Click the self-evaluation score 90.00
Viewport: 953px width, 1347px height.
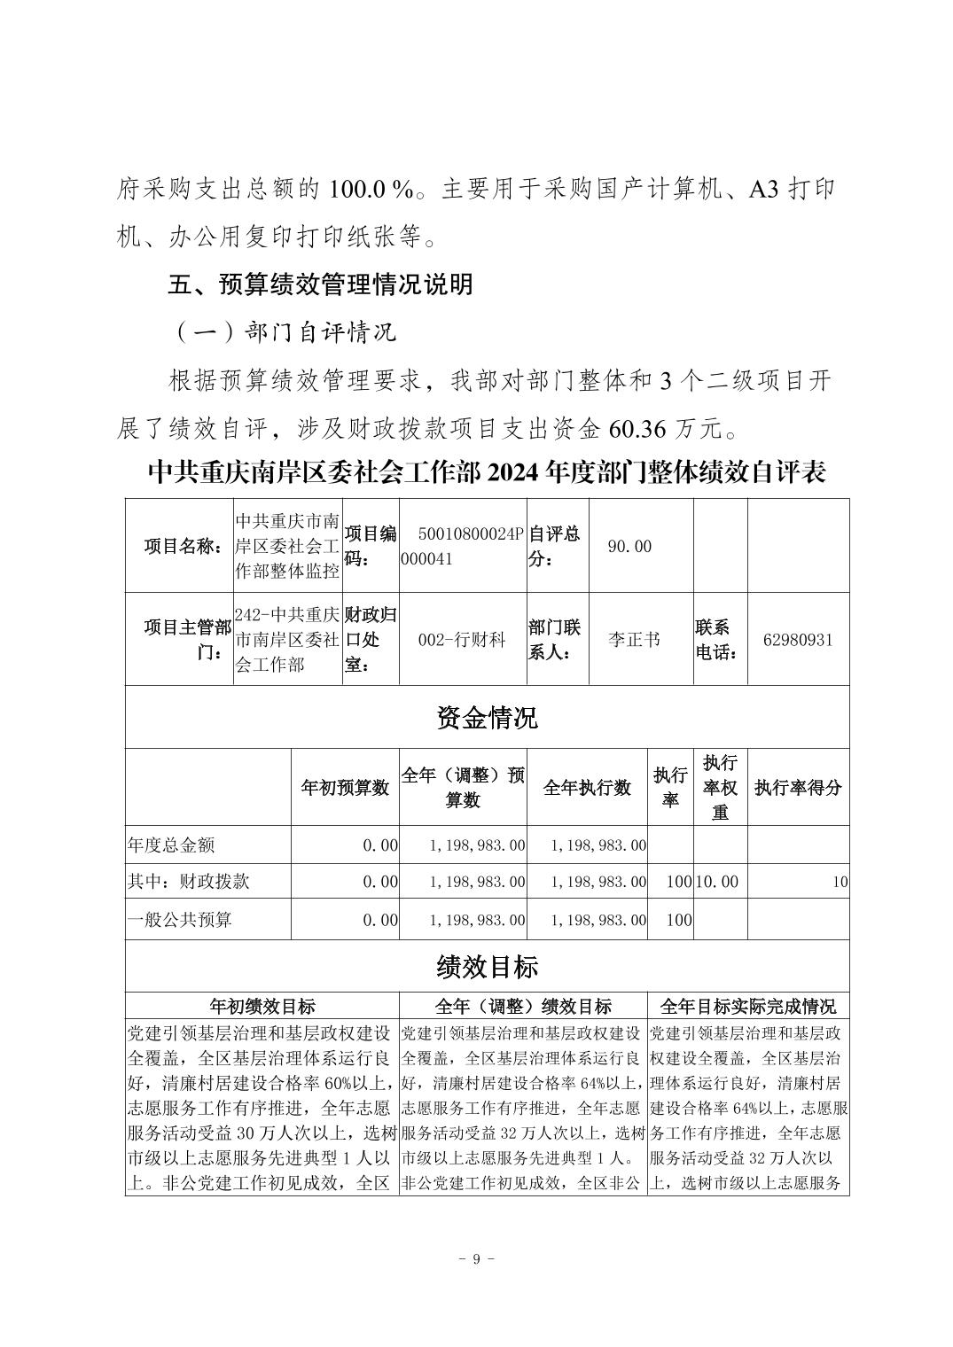tap(629, 547)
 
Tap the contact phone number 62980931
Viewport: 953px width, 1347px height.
tap(798, 639)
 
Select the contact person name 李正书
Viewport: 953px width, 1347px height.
tap(635, 639)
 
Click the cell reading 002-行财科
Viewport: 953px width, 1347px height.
tap(462, 639)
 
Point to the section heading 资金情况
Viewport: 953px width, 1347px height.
tap(487, 717)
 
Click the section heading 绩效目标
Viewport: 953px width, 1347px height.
tap(487, 966)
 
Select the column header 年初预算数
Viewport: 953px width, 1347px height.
tap(345, 787)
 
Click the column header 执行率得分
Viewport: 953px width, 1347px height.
tap(798, 787)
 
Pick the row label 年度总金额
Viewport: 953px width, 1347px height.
tap(171, 845)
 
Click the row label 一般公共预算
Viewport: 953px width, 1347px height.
tap(179, 919)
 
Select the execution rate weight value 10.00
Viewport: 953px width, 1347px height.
tap(716, 882)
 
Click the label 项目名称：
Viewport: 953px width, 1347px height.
tap(184, 547)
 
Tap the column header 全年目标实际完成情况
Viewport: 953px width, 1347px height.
tap(748, 1006)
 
